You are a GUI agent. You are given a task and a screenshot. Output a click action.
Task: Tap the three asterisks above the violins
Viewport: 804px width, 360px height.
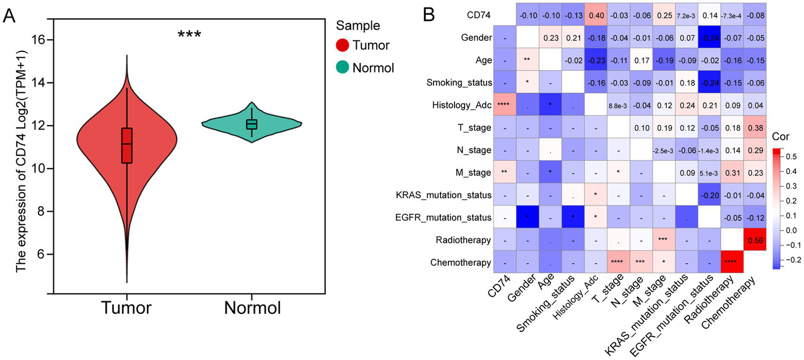coord(189,35)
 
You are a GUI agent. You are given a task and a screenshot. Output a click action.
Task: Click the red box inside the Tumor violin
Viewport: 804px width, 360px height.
coord(127,145)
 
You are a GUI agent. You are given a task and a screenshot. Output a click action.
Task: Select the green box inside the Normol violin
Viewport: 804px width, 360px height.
coord(252,124)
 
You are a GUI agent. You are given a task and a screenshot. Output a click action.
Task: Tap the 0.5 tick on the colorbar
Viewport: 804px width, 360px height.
coord(794,156)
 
